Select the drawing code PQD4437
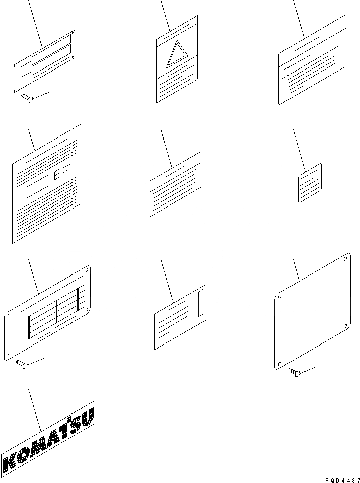click(x=342, y=480)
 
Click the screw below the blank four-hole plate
click(x=295, y=372)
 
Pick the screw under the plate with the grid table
click(x=22, y=364)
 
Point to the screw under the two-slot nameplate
click(x=27, y=98)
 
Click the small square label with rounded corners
click(x=310, y=183)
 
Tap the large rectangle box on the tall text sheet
click(x=37, y=187)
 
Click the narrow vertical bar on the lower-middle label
click(x=201, y=303)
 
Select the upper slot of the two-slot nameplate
click(x=51, y=49)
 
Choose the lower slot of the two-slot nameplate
click(x=51, y=59)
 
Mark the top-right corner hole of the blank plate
click(x=345, y=259)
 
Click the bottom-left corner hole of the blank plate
click(x=279, y=364)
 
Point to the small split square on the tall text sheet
click(x=57, y=174)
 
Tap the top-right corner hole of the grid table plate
click(x=87, y=270)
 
